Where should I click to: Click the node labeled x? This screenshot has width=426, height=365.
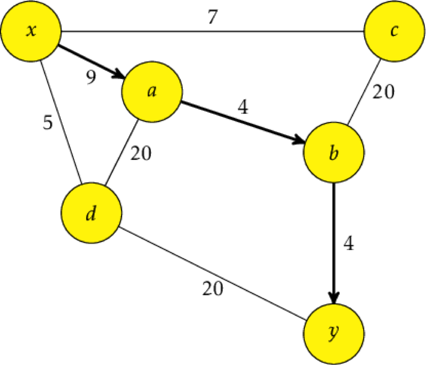(31, 31)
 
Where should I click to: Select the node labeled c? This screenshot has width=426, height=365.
(394, 31)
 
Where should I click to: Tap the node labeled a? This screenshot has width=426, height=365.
(152, 91)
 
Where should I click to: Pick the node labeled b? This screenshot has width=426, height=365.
(333, 152)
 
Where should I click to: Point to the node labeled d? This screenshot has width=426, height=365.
(92, 213)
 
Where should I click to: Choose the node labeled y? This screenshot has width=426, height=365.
(333, 334)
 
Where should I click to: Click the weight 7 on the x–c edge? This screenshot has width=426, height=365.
(213, 17)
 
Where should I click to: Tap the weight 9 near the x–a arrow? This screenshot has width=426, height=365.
(91, 77)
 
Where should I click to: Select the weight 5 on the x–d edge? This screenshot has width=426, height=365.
(48, 122)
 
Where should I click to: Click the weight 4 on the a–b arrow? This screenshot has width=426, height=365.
(243, 107)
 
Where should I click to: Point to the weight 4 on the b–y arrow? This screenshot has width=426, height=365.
(349, 243)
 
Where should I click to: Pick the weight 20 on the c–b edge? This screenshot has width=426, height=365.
(383, 91)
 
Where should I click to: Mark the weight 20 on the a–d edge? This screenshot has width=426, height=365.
(141, 153)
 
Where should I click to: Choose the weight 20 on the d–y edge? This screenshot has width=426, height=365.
(213, 288)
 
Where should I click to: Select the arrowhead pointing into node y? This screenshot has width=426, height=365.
(334, 298)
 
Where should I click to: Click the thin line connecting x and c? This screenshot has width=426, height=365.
(213, 31)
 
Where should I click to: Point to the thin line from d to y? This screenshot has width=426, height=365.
(212, 274)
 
